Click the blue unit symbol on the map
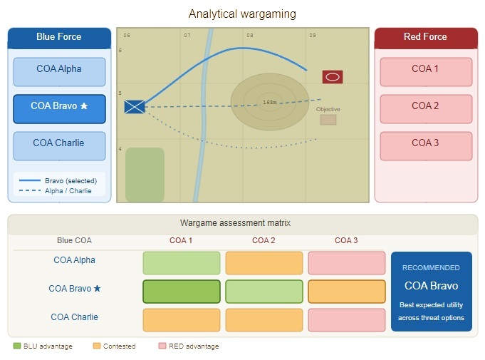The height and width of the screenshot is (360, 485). (135, 107)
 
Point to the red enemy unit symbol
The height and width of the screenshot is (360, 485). (332, 77)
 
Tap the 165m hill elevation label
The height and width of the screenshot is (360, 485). (269, 103)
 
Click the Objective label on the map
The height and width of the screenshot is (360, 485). (328, 109)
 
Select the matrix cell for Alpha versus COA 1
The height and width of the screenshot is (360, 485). (182, 262)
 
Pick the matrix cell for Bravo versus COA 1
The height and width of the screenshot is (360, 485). (182, 291)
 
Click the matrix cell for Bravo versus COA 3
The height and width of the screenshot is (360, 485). (346, 291)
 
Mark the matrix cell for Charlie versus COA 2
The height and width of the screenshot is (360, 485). (264, 319)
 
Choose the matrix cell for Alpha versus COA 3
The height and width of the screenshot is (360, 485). (346, 262)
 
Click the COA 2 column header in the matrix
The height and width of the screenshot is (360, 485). (264, 240)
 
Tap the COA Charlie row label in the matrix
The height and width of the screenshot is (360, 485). (74, 317)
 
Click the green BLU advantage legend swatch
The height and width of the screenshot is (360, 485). (17, 346)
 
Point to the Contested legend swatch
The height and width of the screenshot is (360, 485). (97, 346)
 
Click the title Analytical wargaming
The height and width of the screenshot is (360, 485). (242, 14)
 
